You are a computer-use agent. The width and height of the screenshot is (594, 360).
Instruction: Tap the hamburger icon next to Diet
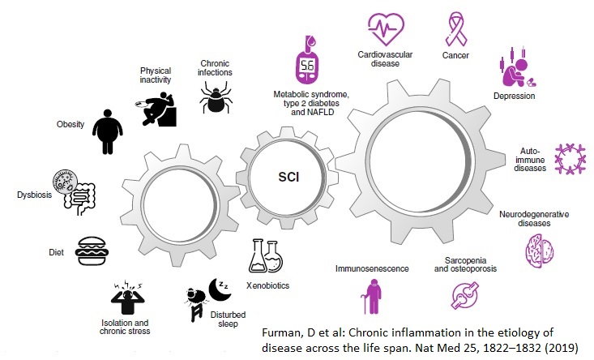coord(93,252)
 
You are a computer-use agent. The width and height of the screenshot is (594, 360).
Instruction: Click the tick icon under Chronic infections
coord(216,99)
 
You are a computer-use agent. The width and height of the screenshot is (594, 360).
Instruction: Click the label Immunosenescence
coord(373,267)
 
